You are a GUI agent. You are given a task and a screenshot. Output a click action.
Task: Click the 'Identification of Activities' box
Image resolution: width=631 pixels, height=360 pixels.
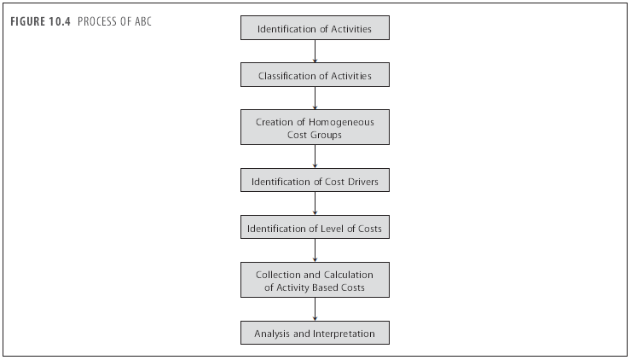pyautogui.click(x=315, y=28)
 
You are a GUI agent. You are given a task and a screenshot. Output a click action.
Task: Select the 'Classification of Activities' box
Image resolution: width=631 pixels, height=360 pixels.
pyautogui.click(x=315, y=74)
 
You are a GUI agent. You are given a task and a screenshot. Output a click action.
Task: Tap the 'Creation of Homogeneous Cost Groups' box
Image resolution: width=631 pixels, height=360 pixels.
pyautogui.click(x=315, y=127)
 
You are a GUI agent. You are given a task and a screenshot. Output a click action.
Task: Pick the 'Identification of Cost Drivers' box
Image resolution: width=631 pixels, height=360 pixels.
pyautogui.click(x=315, y=180)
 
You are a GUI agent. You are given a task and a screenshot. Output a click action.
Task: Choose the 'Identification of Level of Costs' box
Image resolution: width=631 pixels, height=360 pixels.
pyautogui.click(x=315, y=227)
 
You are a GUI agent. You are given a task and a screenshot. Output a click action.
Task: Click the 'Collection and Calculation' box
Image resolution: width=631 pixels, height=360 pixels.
pyautogui.click(x=315, y=280)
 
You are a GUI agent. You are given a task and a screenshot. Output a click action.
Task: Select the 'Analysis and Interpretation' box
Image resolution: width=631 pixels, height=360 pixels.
pyautogui.click(x=315, y=333)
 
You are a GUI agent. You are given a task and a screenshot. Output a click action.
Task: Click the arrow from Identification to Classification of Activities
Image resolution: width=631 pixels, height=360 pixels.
pyautogui.click(x=315, y=51)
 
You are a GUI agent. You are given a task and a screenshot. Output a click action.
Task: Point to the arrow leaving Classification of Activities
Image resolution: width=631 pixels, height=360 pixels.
pyautogui.click(x=315, y=98)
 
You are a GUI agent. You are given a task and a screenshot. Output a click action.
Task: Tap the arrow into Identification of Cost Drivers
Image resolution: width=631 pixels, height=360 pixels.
pyautogui.click(x=315, y=156)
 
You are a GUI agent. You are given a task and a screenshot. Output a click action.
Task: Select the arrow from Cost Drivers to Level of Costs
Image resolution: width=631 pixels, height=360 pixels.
pyautogui.click(x=315, y=203)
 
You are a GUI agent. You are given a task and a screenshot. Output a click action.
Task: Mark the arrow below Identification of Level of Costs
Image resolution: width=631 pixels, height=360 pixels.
pyautogui.click(x=315, y=250)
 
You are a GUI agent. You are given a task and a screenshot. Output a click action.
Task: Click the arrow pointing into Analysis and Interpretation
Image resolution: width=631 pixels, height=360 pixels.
pyautogui.click(x=315, y=310)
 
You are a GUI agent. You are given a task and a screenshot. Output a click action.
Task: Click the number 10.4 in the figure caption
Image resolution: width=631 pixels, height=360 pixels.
pyautogui.click(x=60, y=21)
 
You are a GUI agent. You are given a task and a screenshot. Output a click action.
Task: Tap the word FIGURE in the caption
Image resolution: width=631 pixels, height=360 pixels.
pyautogui.click(x=28, y=21)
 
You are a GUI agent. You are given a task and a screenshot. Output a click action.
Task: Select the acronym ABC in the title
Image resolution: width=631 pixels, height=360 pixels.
pyautogui.click(x=143, y=21)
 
